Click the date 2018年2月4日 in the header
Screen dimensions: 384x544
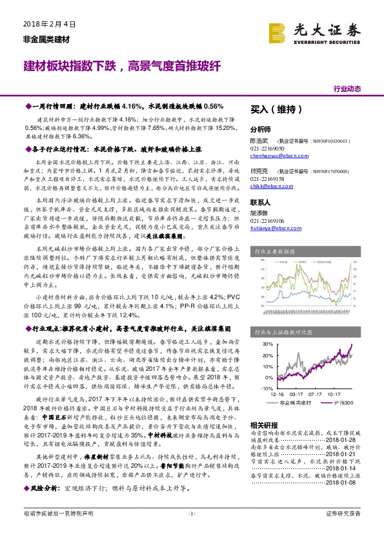coord(45,23)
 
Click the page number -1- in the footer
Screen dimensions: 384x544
coord(192,531)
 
